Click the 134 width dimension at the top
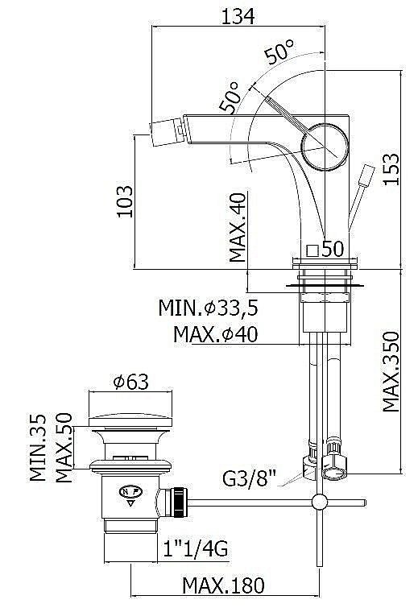[238, 16]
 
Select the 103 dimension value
[125, 201]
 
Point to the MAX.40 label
[238, 227]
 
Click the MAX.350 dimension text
[391, 371]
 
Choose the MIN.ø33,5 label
[209, 308]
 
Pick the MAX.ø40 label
[215, 334]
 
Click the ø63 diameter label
[130, 382]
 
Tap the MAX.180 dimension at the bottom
[224, 585]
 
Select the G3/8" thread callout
[250, 478]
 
